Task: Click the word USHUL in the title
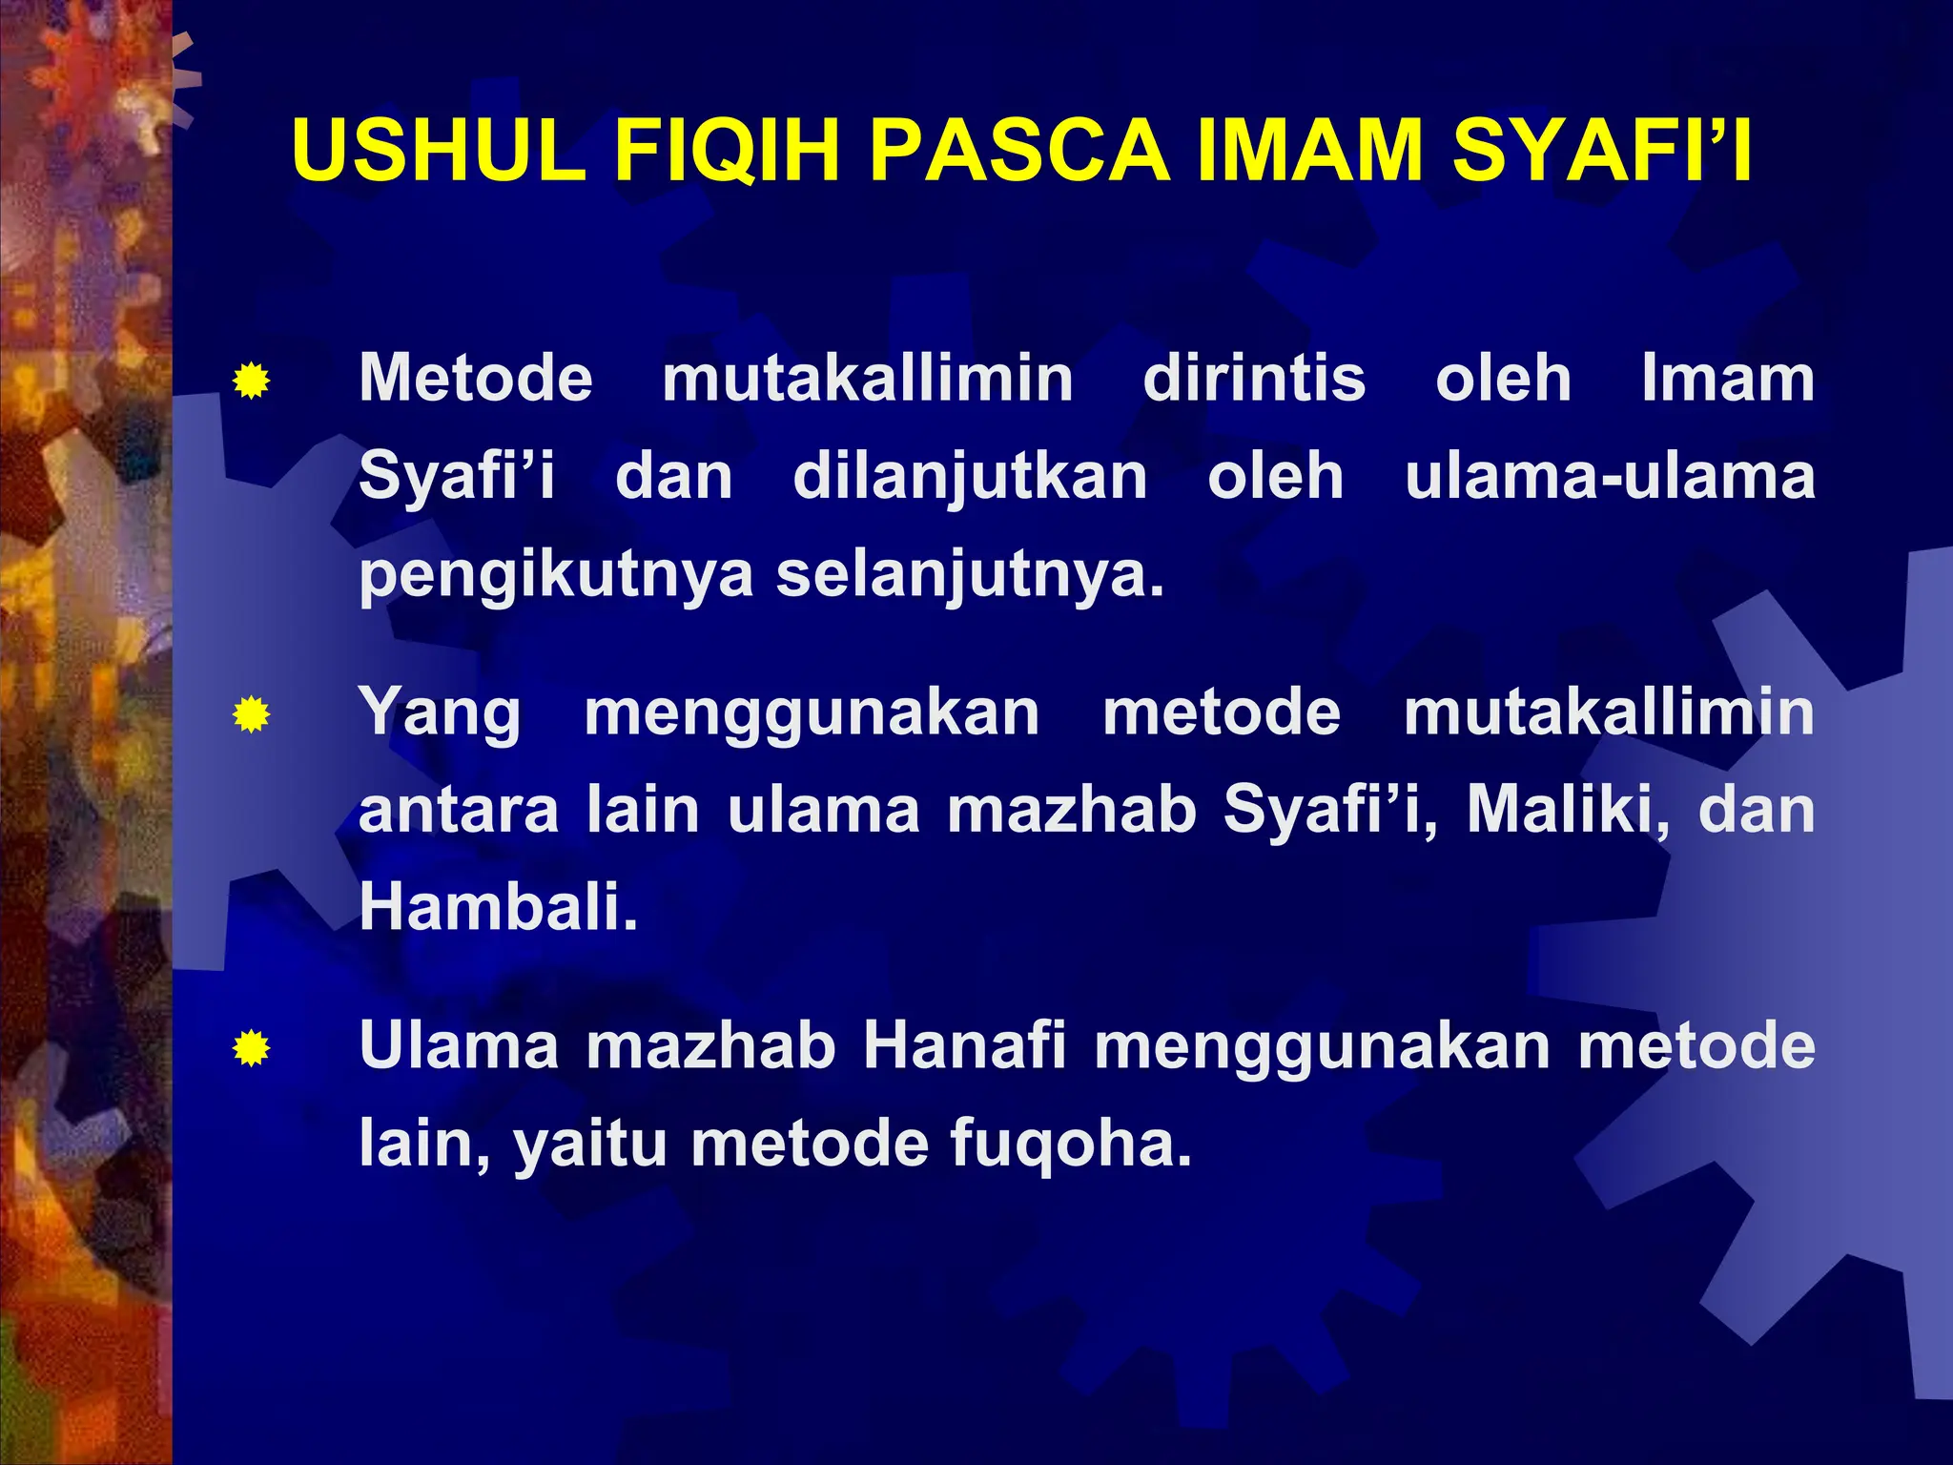[x=439, y=151]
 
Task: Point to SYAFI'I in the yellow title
[x=1602, y=151]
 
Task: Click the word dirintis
[x=1254, y=379]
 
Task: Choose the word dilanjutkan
[x=970, y=476]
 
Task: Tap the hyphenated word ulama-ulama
[x=1610, y=476]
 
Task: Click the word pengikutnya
[x=556, y=576]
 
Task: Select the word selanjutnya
[x=970, y=576]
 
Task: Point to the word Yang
[x=440, y=714]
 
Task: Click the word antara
[x=459, y=810]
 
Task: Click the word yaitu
[x=589, y=1144]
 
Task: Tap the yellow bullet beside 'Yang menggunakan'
[x=251, y=714]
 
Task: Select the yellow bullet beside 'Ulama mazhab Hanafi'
[x=251, y=1049]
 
